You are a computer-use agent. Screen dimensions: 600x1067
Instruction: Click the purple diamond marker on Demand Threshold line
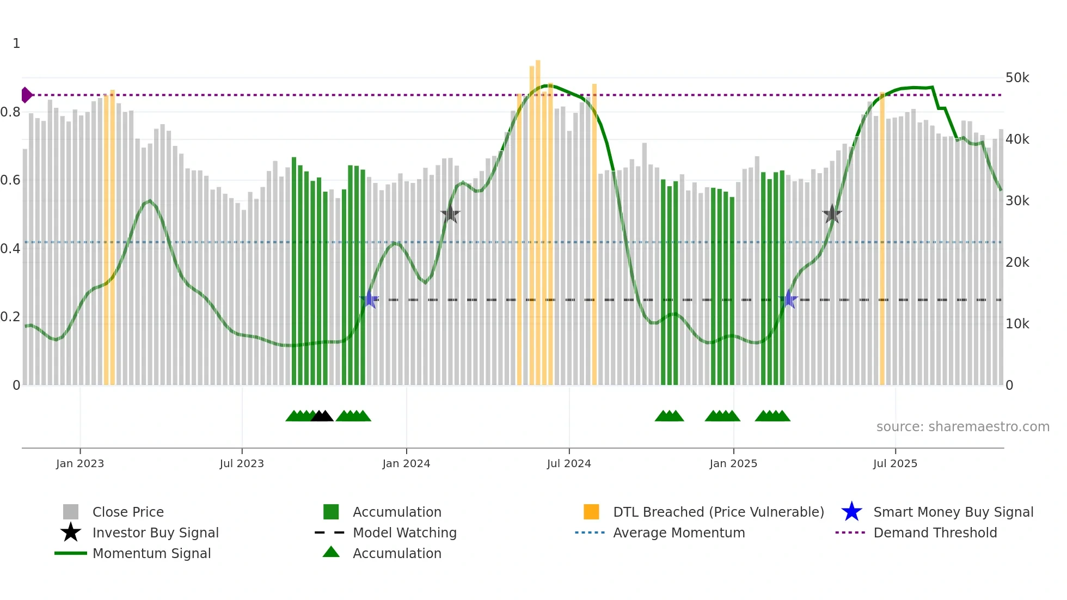click(x=26, y=95)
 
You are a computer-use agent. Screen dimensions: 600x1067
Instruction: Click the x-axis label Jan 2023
click(x=80, y=463)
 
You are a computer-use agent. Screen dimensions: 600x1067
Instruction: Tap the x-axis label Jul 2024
click(x=569, y=463)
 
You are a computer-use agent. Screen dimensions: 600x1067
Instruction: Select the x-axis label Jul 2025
click(x=895, y=463)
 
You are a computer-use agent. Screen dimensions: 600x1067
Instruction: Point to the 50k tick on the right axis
click(x=1017, y=78)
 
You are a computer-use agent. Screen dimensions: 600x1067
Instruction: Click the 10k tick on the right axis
click(x=1017, y=324)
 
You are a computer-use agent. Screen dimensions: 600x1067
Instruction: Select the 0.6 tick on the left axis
click(x=11, y=180)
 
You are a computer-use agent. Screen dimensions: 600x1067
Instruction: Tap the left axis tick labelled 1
click(x=16, y=44)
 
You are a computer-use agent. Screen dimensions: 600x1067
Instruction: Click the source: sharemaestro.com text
click(x=962, y=427)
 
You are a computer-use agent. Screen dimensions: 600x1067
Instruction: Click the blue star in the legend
click(x=851, y=512)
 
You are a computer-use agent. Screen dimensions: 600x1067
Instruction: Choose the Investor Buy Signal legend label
click(x=156, y=532)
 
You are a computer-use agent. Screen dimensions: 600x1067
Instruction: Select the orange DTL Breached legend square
click(x=591, y=512)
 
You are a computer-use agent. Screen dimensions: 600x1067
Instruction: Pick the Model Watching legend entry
click(x=404, y=532)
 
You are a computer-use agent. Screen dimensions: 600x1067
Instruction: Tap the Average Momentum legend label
click(x=679, y=532)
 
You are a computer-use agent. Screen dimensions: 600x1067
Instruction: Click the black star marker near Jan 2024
click(x=450, y=214)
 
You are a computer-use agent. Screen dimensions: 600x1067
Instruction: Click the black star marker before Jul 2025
click(x=832, y=214)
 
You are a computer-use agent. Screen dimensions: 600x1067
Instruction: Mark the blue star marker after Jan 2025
click(x=788, y=299)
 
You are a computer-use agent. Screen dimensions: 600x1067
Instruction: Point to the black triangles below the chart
click(x=322, y=417)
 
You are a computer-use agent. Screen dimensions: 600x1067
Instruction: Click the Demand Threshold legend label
click(x=935, y=532)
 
